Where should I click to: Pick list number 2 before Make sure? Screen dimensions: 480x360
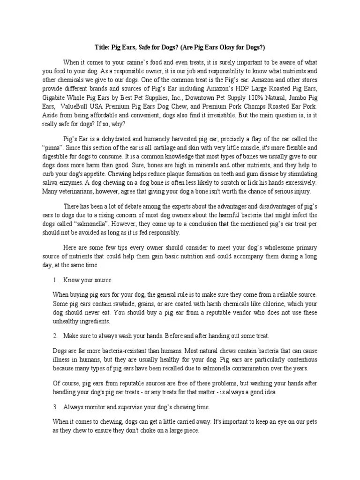pos(55,336)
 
